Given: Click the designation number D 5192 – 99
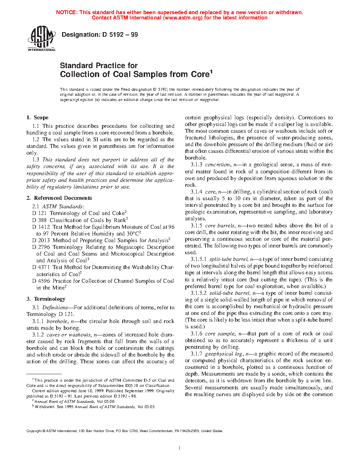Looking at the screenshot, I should [x=120, y=35].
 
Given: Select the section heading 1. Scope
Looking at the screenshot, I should [x=37, y=118].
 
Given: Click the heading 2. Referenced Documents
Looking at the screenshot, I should [x=59, y=198].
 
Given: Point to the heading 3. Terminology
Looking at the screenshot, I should [x=46, y=299].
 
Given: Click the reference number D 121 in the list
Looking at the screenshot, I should [x=39, y=213].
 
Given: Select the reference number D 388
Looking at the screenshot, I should [x=39, y=220].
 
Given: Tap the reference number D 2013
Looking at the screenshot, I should [x=41, y=240].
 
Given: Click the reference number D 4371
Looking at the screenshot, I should [x=41, y=267].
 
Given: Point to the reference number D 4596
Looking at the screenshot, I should [x=41, y=281].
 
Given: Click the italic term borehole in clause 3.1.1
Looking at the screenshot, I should [x=57, y=321].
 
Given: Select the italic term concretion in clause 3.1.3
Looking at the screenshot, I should [x=217, y=165].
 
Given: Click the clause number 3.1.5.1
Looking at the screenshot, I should [x=198, y=259].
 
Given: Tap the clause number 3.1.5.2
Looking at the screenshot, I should [x=198, y=293].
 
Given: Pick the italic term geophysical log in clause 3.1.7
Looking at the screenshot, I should [x=223, y=354].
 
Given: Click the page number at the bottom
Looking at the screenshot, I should [x=180, y=448].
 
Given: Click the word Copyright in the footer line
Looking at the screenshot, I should [x=34, y=431].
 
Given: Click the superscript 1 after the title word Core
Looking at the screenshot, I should [x=211, y=72].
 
